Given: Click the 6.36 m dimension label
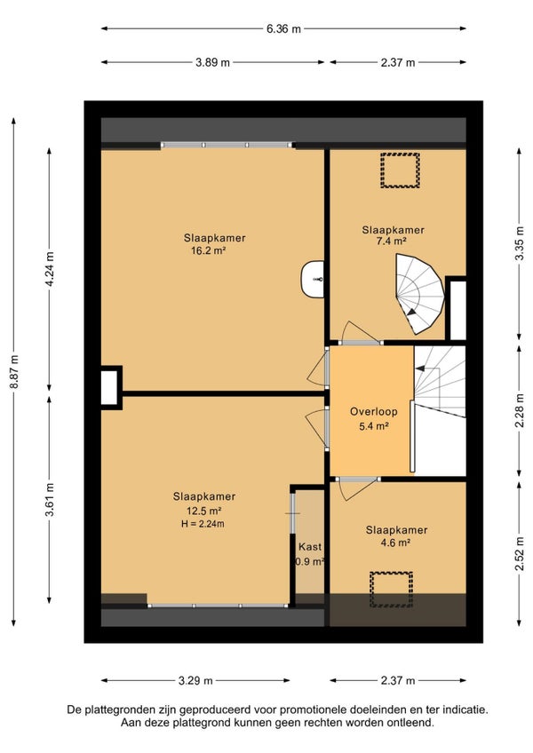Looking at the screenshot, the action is click(x=283, y=28).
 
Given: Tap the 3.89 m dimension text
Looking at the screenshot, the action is click(x=212, y=62).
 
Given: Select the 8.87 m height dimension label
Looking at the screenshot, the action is click(x=14, y=372).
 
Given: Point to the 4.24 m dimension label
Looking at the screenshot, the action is click(x=50, y=269).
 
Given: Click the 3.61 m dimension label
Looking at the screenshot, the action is click(x=50, y=500).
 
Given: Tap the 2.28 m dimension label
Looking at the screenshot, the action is click(x=520, y=410).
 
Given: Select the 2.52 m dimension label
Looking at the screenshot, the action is click(x=520, y=554).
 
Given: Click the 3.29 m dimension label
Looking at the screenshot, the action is click(x=195, y=680).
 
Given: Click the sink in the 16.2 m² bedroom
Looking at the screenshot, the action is click(x=313, y=280).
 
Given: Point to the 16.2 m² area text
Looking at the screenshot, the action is click(x=209, y=250).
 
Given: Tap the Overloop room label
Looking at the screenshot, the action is click(x=373, y=411).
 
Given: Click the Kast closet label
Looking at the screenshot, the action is click(x=310, y=546).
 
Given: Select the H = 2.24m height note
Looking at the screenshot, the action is click(x=203, y=524).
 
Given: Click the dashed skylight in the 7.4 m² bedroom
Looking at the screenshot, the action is click(x=400, y=170).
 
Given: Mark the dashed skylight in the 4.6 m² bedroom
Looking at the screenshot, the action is click(x=391, y=590).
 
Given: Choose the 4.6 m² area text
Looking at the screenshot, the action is click(x=394, y=543).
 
